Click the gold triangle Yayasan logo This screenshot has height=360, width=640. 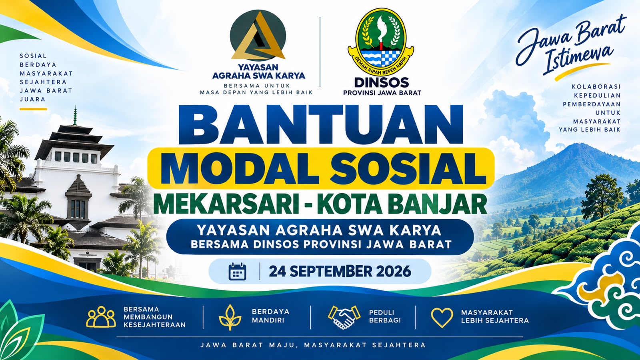pyautogui.click(x=258, y=36)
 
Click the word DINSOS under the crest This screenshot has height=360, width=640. pyautogui.click(x=382, y=83)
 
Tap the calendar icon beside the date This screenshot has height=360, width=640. pyautogui.click(x=238, y=271)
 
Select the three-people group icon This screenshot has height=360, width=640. pyautogui.click(x=101, y=316)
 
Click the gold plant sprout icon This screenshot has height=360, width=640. pyautogui.click(x=230, y=317)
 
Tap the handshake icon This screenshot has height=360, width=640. pyautogui.click(x=344, y=317)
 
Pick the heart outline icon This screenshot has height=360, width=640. pyautogui.click(x=442, y=318)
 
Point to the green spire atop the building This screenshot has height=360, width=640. pyautogui.click(x=75, y=115)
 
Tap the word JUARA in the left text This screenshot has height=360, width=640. pyautogui.click(x=33, y=100)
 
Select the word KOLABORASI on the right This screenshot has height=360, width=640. pyautogui.click(x=596, y=86)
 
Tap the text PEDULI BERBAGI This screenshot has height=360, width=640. pyautogui.click(x=385, y=316)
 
